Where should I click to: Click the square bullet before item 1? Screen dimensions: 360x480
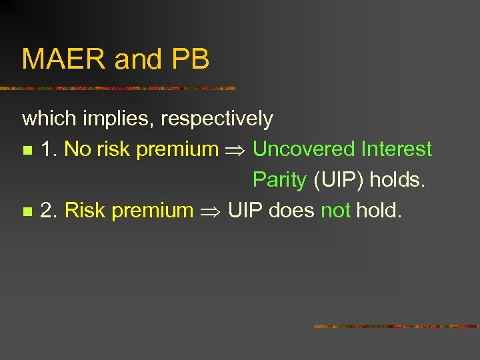26,151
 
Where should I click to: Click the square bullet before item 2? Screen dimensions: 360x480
26,212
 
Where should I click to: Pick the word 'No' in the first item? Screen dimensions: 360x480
77,149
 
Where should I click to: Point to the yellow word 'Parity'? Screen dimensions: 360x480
279,180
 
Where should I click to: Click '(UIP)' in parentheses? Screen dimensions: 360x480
338,180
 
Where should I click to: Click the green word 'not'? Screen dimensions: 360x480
335,211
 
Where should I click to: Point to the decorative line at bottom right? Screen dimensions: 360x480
396,327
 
